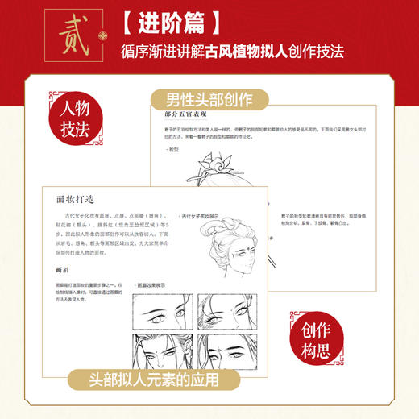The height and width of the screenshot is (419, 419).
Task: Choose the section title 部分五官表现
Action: (x=176, y=118)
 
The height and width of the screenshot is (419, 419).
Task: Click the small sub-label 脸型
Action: (x=172, y=150)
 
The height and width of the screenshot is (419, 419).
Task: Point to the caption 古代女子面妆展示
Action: (x=203, y=217)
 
